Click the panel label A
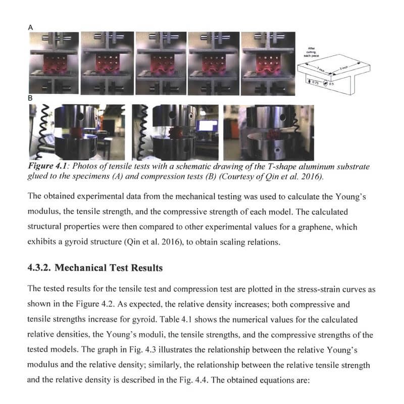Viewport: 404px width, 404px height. point(30,28)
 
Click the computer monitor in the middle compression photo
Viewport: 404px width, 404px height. point(207,131)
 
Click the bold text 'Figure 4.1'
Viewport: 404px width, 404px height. point(48,167)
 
